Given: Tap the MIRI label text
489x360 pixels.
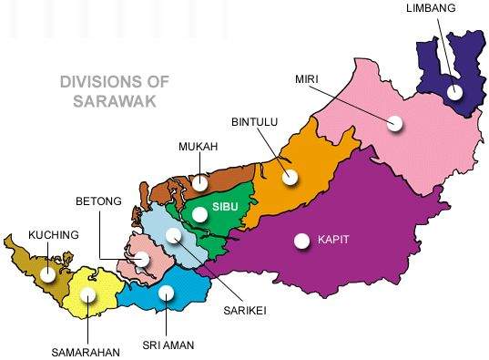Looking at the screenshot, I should coord(306,78).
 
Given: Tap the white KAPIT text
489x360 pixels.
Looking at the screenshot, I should coord(334,240).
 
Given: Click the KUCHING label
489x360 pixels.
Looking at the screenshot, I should coord(54,235).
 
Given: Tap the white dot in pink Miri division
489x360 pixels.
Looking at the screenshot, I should coord(394,123).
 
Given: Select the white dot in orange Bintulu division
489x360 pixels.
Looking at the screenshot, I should coord(290,176).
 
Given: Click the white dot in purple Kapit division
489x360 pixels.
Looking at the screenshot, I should coord(301,241).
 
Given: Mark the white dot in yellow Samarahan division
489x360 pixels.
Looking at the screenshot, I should coord(87,294).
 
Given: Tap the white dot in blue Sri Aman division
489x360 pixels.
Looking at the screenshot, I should coord(166,293).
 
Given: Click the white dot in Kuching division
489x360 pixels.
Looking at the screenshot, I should coord(48,272).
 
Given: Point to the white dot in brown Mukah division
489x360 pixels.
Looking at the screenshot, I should coord(199,183).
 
